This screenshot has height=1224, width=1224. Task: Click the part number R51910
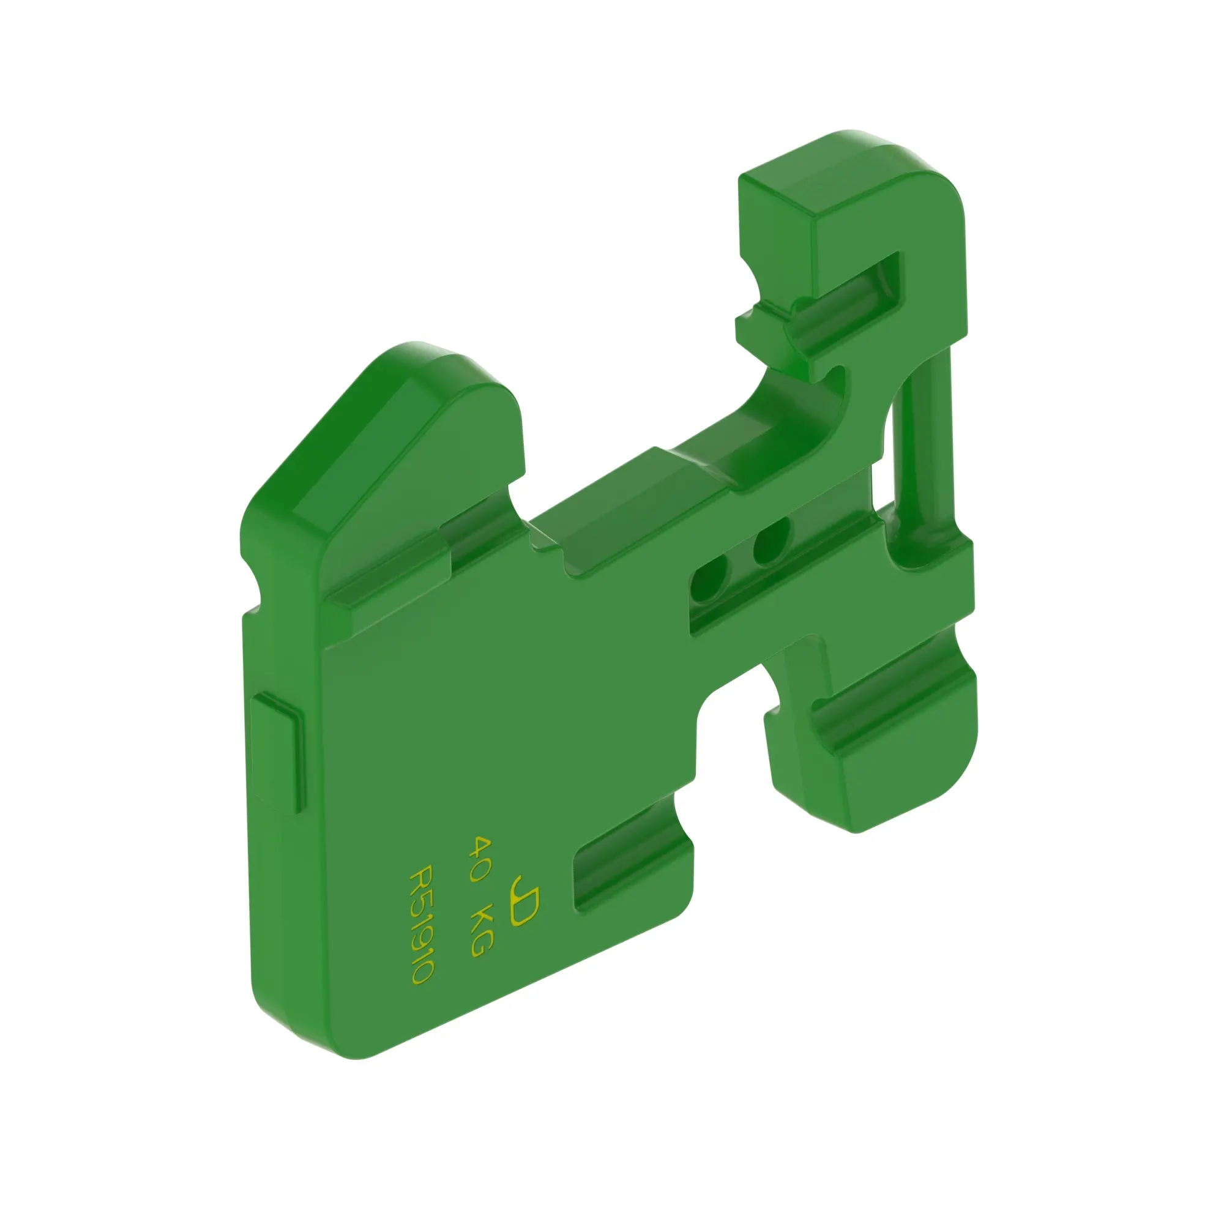pyautogui.click(x=421, y=924)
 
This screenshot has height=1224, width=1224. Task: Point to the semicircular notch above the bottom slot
pyautogui.click(x=684, y=817)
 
